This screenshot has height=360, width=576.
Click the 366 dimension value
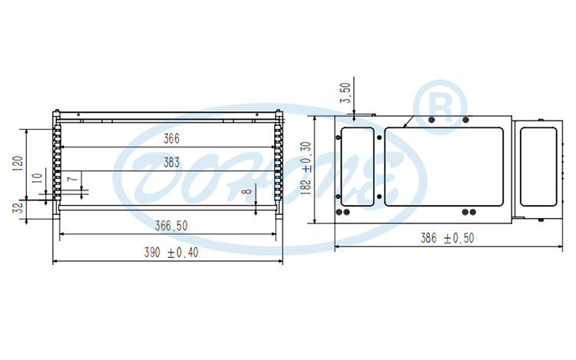click(x=171, y=139)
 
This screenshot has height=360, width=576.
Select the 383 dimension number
click(x=171, y=163)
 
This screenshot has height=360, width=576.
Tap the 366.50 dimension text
click(x=171, y=226)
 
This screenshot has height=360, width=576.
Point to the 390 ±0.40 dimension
click(x=171, y=253)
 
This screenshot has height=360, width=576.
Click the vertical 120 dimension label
click(x=18, y=162)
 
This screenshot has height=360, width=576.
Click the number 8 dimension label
click(x=245, y=192)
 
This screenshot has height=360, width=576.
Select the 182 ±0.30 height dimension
click(x=305, y=169)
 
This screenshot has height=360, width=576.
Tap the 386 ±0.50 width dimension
click(x=448, y=239)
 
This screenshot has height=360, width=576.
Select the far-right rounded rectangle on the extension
click(x=538, y=167)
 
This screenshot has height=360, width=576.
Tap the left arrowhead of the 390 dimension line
click(x=55, y=262)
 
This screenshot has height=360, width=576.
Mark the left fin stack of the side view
click(x=56, y=165)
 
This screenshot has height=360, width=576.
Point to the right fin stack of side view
click(x=279, y=165)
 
